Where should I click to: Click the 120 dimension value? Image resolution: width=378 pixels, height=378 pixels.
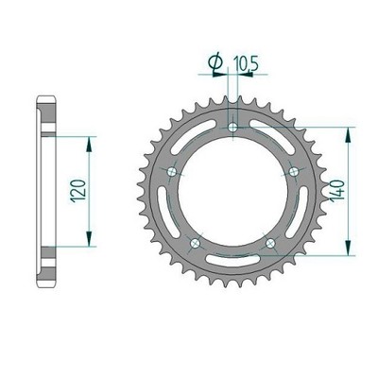click(78, 191)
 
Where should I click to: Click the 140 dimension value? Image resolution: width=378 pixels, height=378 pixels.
click(336, 191)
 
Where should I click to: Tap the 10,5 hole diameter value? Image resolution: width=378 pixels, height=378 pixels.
click(247, 63)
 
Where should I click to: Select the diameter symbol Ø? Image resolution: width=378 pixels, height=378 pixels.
click(215, 63)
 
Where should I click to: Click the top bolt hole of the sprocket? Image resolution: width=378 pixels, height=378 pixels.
click(232, 128)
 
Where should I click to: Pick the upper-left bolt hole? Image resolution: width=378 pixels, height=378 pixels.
click(172, 172)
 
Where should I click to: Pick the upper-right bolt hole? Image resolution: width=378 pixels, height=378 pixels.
click(294, 172)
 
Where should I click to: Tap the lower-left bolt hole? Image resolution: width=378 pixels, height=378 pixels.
click(196, 243)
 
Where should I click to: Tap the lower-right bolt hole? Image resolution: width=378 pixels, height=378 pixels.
click(270, 243)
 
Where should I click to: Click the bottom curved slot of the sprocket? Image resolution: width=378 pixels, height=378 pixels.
click(232, 259)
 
